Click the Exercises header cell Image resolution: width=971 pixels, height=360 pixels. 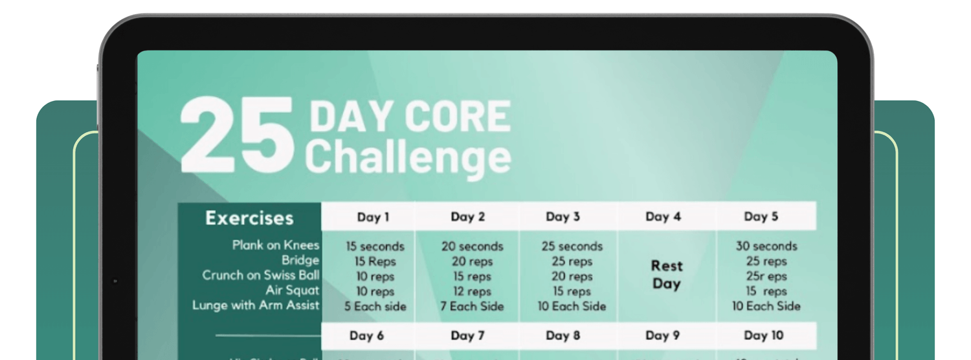(x=249, y=218)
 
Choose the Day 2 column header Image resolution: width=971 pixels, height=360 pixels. (x=467, y=217)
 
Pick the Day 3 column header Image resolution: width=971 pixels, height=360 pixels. (x=563, y=217)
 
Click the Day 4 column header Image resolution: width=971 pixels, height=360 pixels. (x=663, y=217)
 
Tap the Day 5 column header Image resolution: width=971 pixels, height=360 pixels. (x=761, y=217)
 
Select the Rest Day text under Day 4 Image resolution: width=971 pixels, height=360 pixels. (x=667, y=275)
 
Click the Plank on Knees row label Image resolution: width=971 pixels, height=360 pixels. (x=276, y=245)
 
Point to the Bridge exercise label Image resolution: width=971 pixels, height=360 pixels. (x=300, y=260)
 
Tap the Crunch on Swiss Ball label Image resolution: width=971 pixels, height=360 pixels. (x=261, y=275)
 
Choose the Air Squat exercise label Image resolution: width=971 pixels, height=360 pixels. (x=293, y=290)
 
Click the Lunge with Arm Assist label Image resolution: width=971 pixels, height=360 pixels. (x=256, y=305)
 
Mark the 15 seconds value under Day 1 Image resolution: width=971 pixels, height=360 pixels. (x=375, y=247)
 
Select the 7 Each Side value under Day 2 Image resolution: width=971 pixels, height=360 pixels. (x=472, y=306)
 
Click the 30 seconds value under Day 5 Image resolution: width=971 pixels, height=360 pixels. (x=766, y=246)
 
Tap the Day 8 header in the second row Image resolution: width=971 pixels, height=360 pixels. (x=563, y=335)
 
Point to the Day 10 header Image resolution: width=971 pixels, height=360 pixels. (x=764, y=335)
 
